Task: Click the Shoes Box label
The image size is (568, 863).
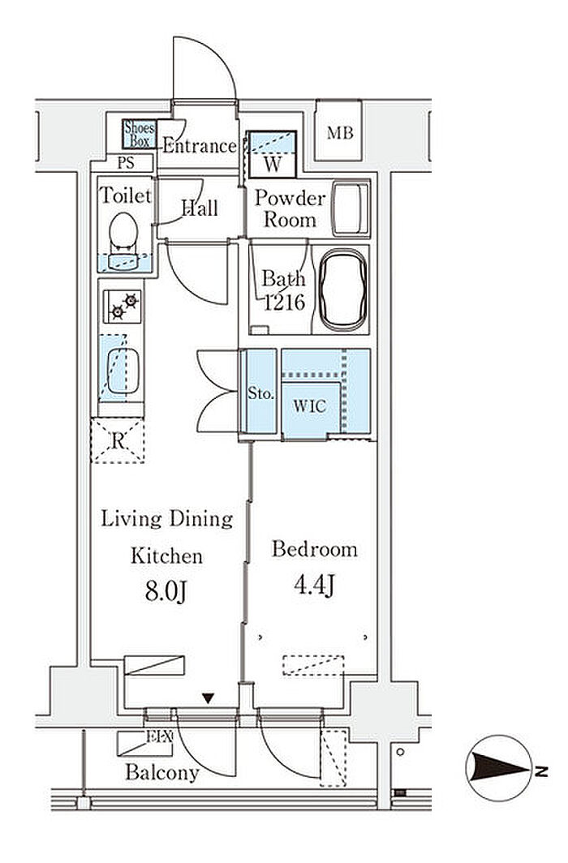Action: click(140, 135)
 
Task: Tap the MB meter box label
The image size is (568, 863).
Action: click(340, 133)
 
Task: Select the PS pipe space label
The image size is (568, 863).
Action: click(126, 163)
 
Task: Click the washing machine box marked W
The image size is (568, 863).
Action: click(273, 154)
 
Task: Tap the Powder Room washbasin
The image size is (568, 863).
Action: click(351, 208)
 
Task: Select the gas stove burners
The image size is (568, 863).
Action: click(123, 306)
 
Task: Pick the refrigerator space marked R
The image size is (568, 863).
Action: click(117, 440)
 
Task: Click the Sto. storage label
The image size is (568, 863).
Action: click(260, 393)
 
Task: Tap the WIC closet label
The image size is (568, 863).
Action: click(309, 406)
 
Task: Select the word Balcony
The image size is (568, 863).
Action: click(161, 773)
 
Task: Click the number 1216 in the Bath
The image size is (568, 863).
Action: click(284, 302)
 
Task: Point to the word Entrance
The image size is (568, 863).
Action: click(200, 146)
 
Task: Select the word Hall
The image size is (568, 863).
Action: click(200, 208)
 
